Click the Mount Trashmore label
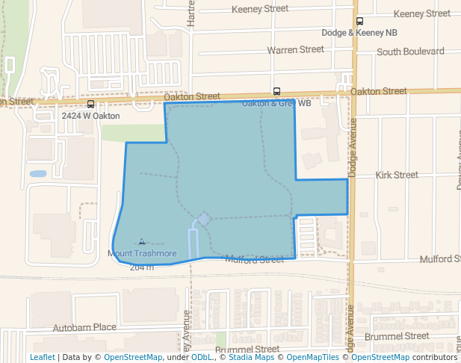point(142,254)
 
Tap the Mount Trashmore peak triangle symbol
point(142,241)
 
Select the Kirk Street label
point(397,175)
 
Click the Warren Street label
point(295,49)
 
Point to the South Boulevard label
point(410,52)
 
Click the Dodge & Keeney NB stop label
point(359,33)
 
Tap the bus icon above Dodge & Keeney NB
point(359,22)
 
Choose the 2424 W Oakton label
point(90,116)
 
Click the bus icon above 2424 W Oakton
point(90,105)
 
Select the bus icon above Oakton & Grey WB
point(276,92)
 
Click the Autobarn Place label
point(84,327)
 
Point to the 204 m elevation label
point(141,267)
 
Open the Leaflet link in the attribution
point(42,357)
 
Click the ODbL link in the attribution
point(202,357)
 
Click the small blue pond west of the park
point(37,174)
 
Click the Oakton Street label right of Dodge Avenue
point(378,91)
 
